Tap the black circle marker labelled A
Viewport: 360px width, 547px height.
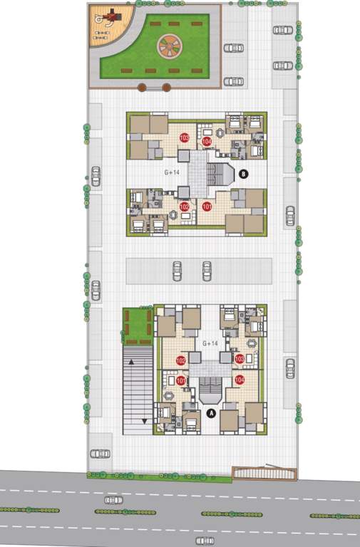point(210,412)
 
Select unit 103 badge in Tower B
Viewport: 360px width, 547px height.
point(185,137)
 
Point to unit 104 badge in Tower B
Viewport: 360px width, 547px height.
point(207,142)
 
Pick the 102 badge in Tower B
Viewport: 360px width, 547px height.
point(185,207)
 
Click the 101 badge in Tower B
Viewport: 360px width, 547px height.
point(207,207)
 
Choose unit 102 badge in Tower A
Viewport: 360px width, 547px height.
point(181,360)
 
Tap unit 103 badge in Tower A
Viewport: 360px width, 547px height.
point(240,359)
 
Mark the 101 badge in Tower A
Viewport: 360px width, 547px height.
point(181,381)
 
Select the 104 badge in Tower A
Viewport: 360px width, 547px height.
point(240,380)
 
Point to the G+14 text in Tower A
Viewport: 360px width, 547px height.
point(210,343)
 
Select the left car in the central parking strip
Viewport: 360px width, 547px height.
point(176,270)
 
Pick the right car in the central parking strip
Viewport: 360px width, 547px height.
point(207,270)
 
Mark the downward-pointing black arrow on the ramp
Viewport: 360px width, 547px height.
point(145,421)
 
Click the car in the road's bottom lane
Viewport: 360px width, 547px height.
point(205,541)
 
